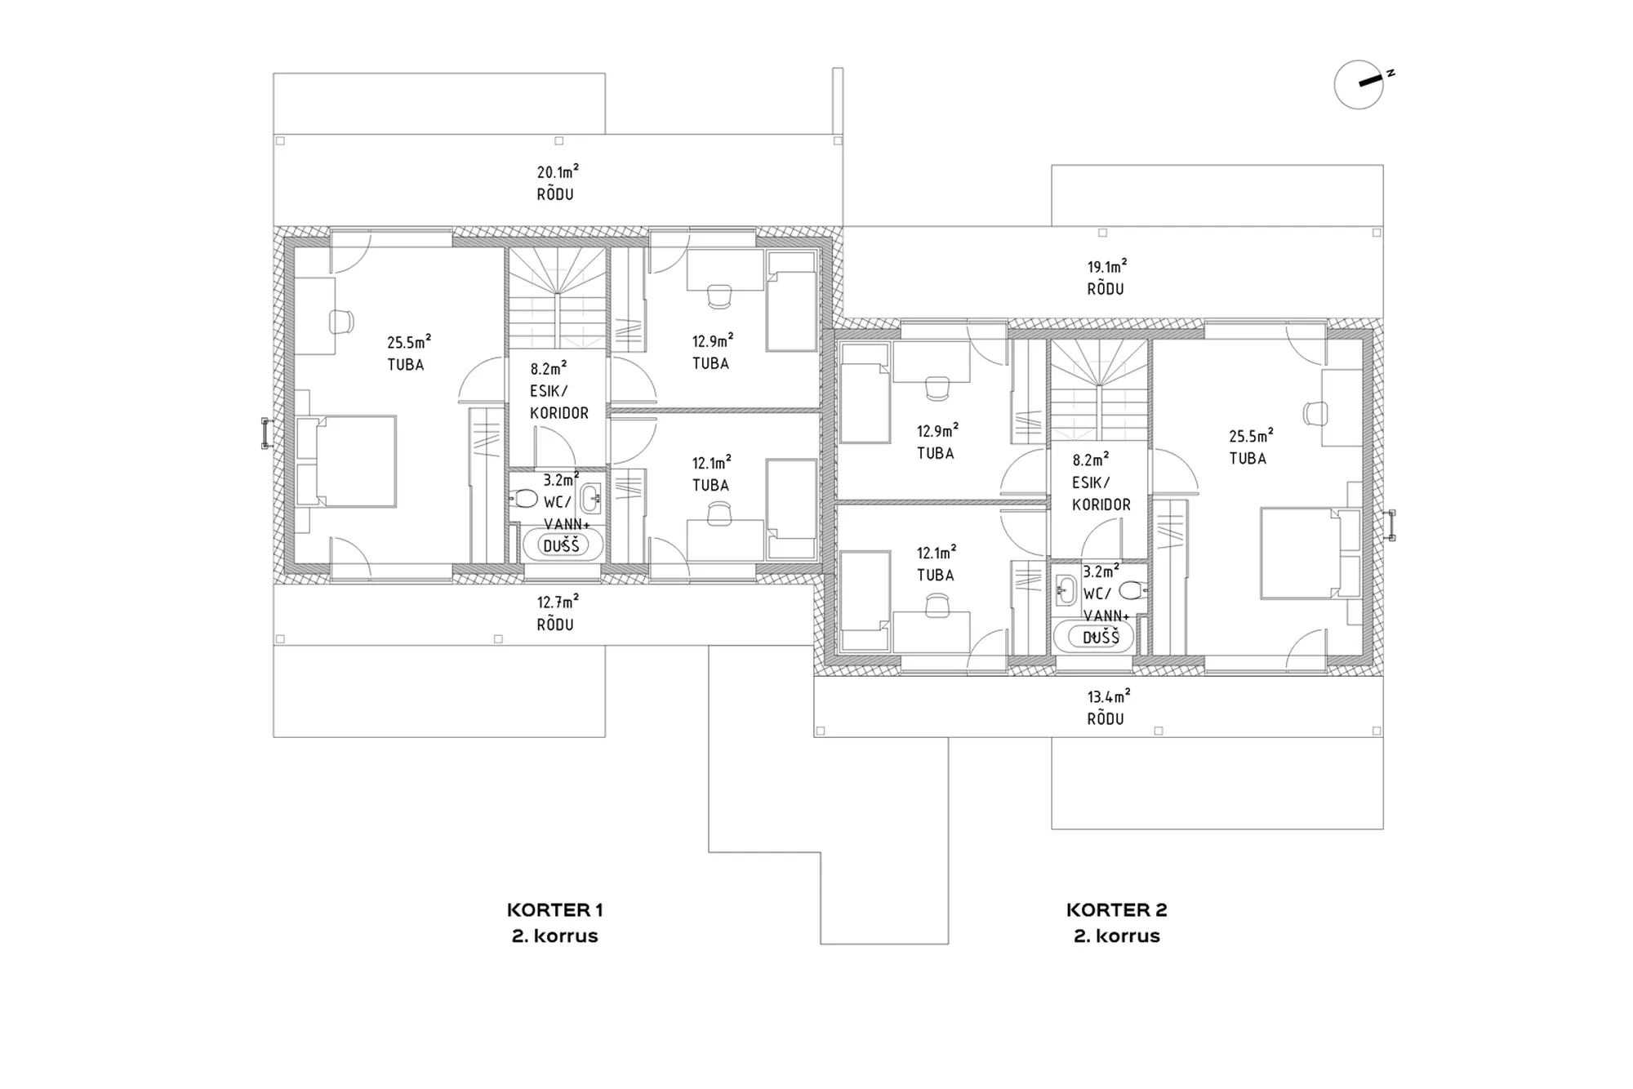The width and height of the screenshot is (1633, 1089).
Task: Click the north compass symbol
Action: pos(1359,84)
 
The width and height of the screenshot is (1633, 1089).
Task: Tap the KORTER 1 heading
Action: pos(554,909)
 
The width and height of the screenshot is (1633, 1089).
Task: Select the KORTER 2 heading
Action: pos(1116,909)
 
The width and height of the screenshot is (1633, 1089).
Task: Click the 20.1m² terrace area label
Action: pos(558,171)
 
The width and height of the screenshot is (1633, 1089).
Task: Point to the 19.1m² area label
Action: pos(1106,266)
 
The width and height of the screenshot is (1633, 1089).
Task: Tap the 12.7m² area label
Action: pos(558,602)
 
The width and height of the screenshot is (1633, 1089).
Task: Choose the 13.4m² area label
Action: pos(1108,696)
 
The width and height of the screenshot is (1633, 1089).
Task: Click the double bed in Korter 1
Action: pos(346,461)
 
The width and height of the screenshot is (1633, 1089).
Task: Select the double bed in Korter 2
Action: pos(1310,553)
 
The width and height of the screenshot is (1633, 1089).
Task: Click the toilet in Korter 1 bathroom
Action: pos(523,497)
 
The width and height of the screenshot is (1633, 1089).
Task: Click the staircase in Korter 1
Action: pos(558,298)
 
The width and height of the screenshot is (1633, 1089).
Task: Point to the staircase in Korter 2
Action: pos(1100,390)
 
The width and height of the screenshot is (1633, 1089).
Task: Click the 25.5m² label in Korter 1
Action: pos(409,341)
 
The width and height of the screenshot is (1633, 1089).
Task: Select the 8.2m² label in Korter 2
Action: pos(1091,460)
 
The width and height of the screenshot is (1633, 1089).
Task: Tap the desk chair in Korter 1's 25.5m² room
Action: pos(341,322)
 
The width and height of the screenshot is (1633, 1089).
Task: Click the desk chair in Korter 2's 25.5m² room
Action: pos(1315,414)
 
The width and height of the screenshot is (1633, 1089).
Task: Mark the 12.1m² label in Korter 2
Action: pos(937,553)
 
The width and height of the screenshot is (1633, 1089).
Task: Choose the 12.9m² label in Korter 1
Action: pos(713,340)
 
